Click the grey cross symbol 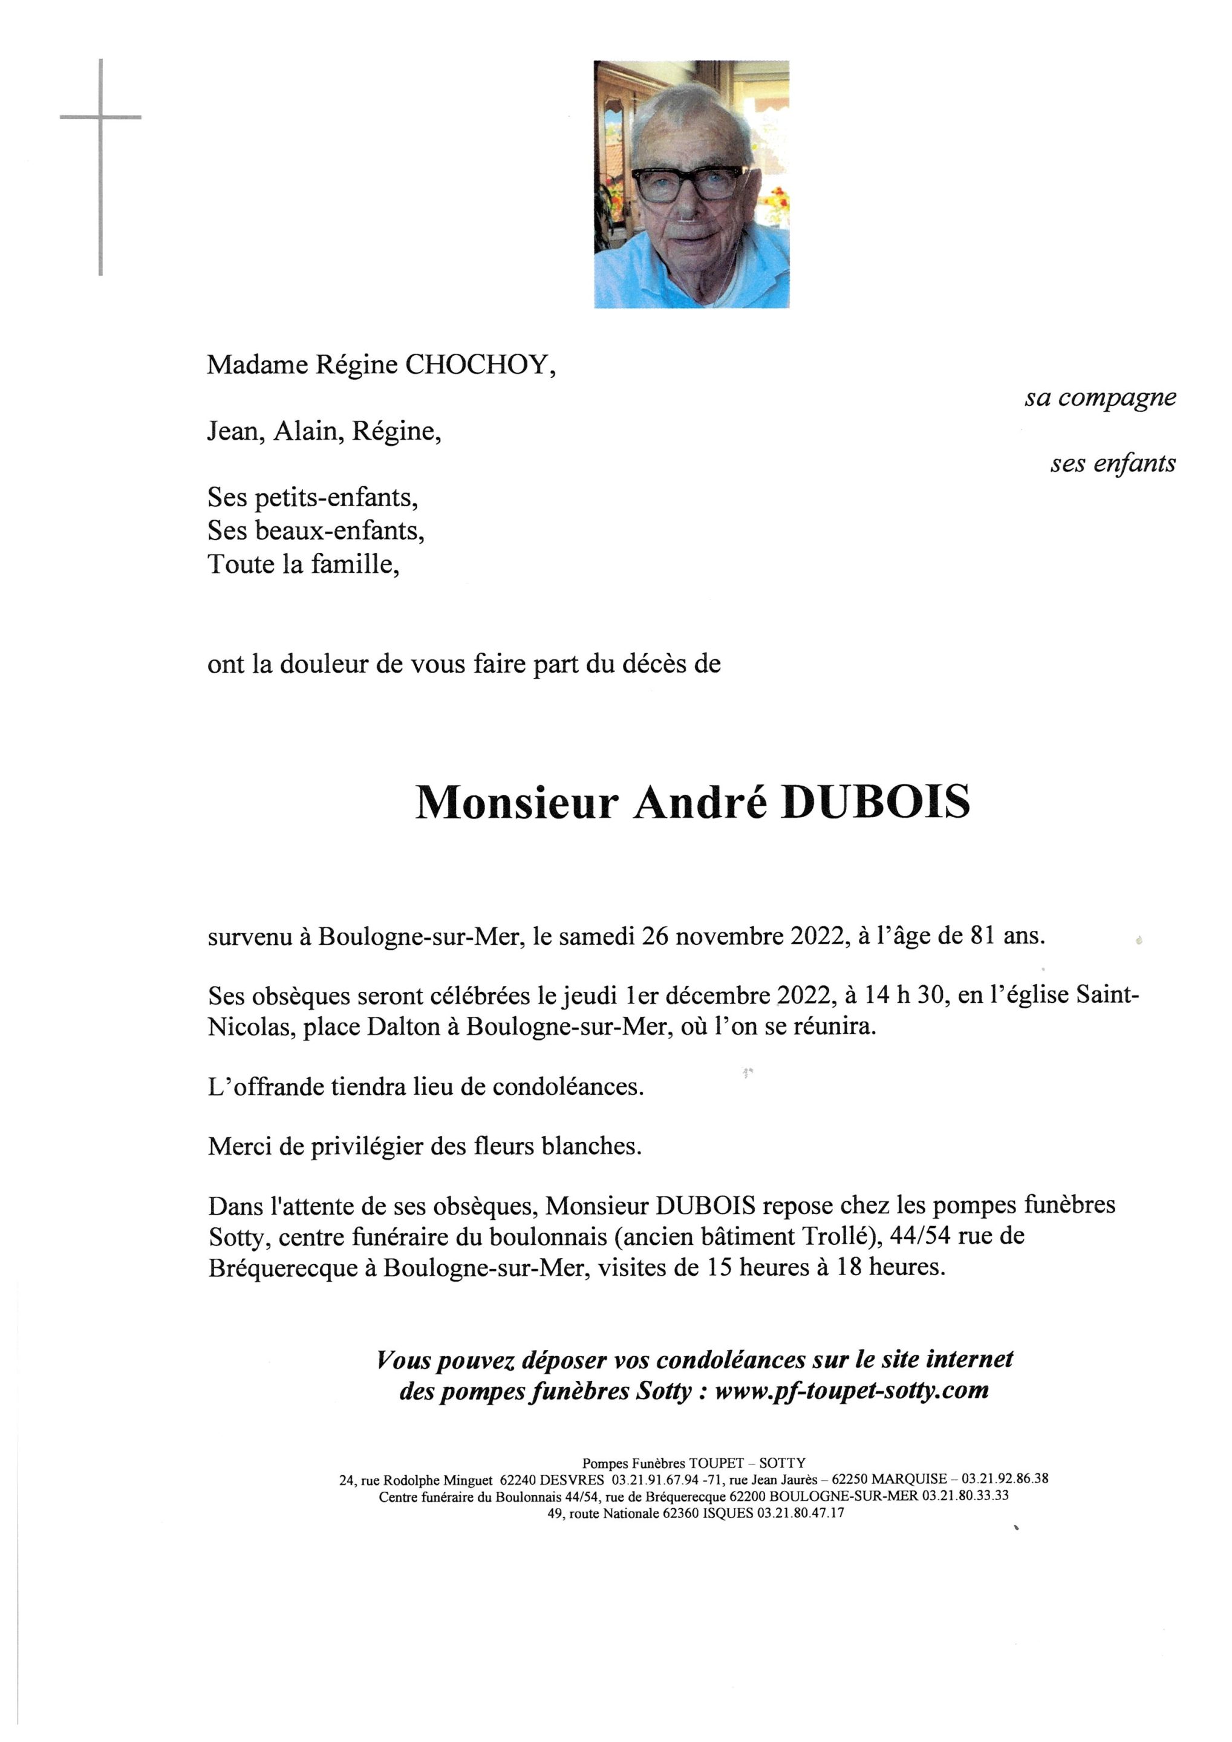point(101,117)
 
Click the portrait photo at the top point(691,184)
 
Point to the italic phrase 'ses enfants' point(1112,463)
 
